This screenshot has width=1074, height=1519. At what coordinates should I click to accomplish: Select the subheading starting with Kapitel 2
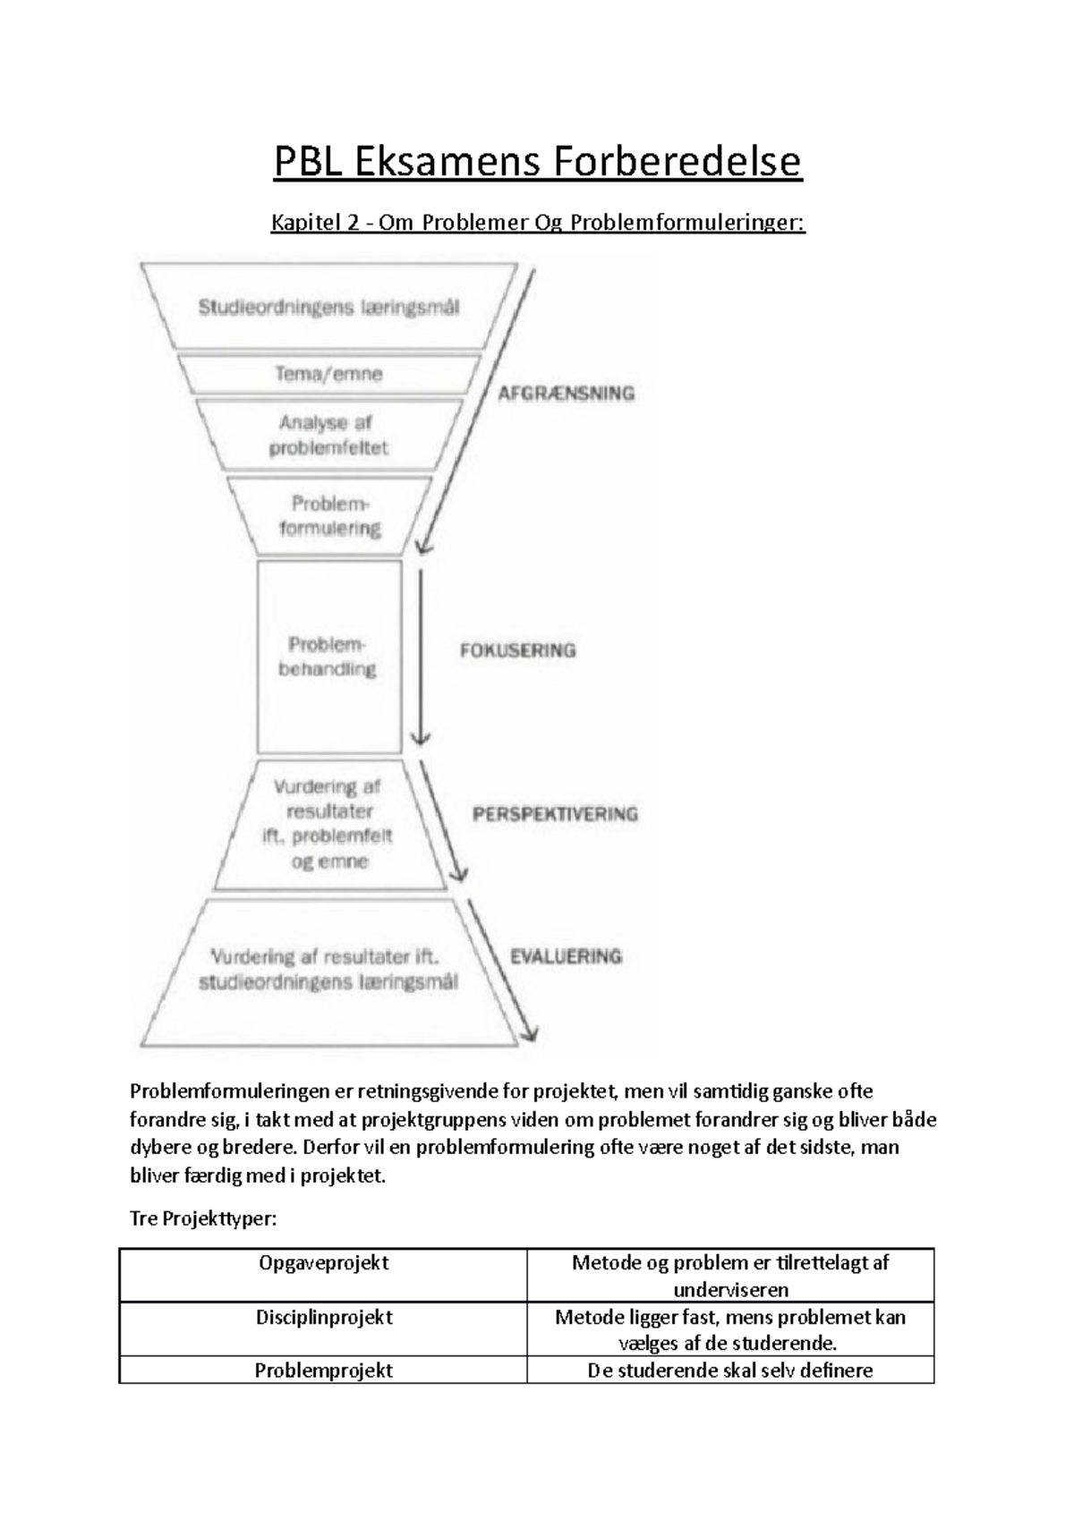tap(538, 222)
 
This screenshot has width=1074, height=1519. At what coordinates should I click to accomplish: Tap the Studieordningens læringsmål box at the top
tap(328, 307)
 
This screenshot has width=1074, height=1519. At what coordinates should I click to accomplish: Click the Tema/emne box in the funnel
tap(328, 374)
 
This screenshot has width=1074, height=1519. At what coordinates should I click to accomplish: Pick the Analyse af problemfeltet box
tap(328, 435)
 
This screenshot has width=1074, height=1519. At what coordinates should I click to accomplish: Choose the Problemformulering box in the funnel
tap(329, 516)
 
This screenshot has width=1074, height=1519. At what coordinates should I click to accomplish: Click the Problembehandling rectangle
tap(328, 657)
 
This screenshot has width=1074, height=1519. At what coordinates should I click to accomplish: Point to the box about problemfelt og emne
tap(328, 824)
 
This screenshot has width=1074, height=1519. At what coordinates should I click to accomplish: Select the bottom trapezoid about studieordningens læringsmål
tap(328, 971)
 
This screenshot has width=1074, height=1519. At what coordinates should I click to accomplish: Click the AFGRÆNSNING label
tap(567, 393)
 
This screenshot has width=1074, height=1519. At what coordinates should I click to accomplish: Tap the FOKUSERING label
tap(517, 650)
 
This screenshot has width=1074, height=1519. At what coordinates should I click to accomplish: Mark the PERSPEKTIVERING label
tap(555, 814)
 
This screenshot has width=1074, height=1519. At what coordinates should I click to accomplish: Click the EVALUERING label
tap(566, 956)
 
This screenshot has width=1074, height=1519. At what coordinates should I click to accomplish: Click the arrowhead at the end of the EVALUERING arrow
tap(529, 1033)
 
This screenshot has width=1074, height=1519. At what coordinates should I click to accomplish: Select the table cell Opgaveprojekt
tap(323, 1263)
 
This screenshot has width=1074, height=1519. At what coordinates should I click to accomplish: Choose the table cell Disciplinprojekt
tap(323, 1318)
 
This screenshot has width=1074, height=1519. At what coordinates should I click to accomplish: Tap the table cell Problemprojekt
tap(323, 1370)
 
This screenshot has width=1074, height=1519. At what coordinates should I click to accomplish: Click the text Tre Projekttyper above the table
tap(204, 1218)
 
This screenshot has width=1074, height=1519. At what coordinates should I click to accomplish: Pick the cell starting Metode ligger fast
tap(729, 1329)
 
